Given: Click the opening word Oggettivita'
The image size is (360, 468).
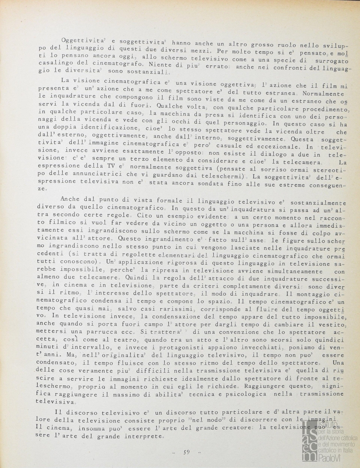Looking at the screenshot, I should click(x=81, y=41).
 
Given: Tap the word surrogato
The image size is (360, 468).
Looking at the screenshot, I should click(x=331, y=61).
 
